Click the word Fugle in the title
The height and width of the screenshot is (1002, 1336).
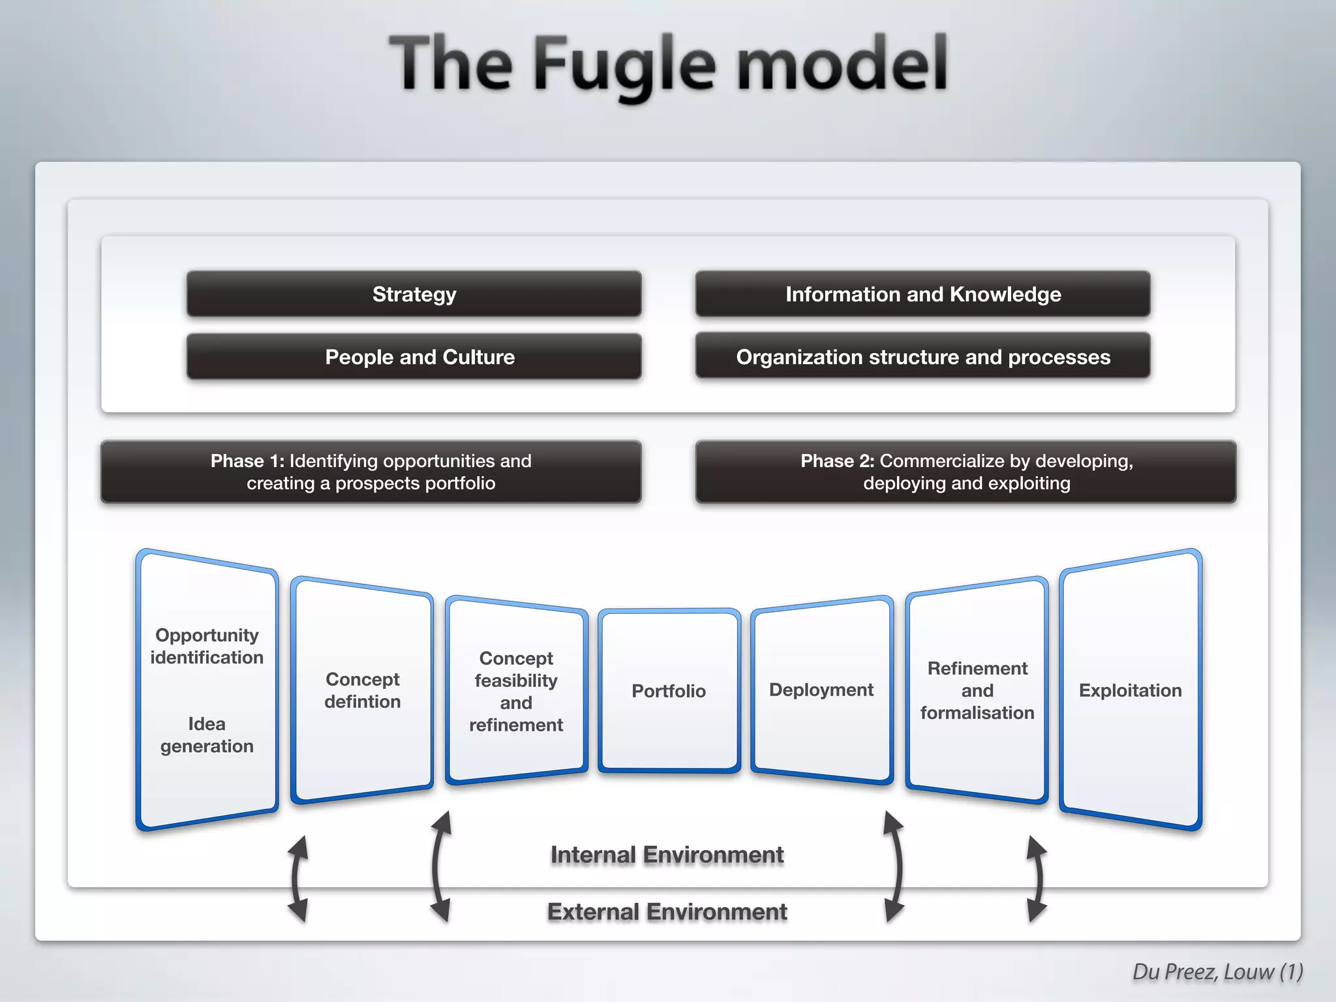pyautogui.click(x=624, y=65)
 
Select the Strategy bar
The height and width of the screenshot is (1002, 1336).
pyautogui.click(x=414, y=294)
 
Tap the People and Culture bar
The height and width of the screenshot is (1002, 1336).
pyautogui.click(x=414, y=357)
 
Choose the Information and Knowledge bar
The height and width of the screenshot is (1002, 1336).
pyautogui.click(x=922, y=294)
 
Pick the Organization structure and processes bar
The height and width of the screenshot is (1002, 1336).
pyautogui.click(x=922, y=357)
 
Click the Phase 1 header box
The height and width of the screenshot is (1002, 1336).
pyautogui.click(x=371, y=472)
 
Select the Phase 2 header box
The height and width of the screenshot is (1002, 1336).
pyautogui.click(x=965, y=472)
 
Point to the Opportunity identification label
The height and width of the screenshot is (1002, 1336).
pyautogui.click(x=207, y=646)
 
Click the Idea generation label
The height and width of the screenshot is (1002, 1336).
pyautogui.click(x=207, y=735)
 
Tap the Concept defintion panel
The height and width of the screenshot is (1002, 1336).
pyautogui.click(x=362, y=690)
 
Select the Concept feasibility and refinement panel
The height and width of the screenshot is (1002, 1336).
pyautogui.click(x=516, y=691)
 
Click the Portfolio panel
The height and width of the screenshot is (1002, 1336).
pyautogui.click(x=669, y=691)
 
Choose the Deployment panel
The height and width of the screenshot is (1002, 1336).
pyautogui.click(x=821, y=690)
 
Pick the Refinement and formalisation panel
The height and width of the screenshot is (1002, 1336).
pyautogui.click(x=977, y=690)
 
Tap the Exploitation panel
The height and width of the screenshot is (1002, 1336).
pyautogui.click(x=1130, y=690)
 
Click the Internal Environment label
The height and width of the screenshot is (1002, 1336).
pyautogui.click(x=667, y=855)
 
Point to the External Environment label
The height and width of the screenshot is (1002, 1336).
pyautogui.click(x=667, y=911)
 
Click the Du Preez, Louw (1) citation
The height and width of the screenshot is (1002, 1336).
pyautogui.click(x=1217, y=971)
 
